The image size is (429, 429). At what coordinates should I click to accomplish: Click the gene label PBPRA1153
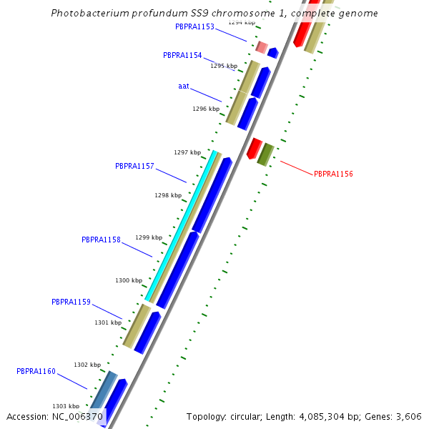[194, 26]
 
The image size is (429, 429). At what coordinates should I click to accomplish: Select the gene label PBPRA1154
[182, 55]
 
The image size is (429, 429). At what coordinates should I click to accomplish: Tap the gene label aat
[184, 86]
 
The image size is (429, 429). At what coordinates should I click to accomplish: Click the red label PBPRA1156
[333, 174]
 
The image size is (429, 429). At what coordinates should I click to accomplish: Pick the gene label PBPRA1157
[134, 166]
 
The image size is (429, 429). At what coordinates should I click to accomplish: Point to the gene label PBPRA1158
[101, 240]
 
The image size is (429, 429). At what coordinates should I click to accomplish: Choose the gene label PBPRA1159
[71, 302]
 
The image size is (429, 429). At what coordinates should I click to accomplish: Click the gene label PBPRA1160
[36, 371]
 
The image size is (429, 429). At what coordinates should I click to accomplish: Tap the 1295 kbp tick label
[223, 66]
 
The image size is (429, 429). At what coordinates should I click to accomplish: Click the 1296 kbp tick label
[206, 109]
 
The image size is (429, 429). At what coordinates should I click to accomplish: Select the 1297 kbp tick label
[187, 152]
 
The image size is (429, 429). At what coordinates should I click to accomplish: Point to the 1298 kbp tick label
[168, 195]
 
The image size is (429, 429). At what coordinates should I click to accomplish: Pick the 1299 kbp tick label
[149, 237]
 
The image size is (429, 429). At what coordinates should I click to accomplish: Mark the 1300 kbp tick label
[129, 280]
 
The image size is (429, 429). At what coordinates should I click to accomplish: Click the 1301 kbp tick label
[108, 322]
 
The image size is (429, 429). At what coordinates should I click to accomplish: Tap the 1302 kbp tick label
[87, 365]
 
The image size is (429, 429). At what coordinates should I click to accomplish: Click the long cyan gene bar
[181, 225]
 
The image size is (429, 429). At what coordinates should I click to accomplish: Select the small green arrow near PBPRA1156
[266, 154]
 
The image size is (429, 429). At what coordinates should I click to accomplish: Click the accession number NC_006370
[77, 416]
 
